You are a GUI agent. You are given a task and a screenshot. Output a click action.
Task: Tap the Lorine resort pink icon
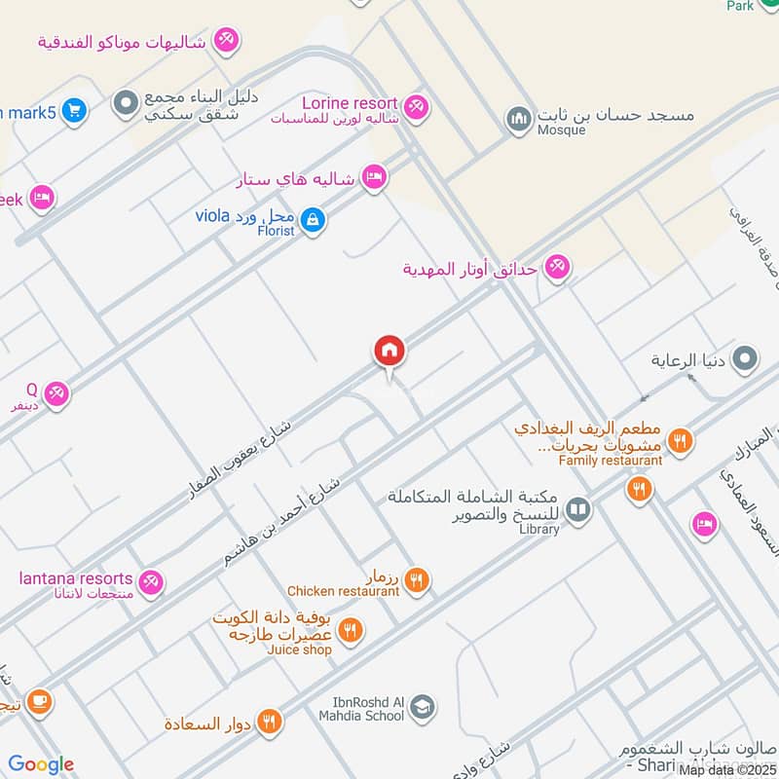417,106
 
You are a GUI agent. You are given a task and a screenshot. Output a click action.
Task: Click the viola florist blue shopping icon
313,221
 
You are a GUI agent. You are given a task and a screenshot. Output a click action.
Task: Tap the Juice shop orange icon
351,631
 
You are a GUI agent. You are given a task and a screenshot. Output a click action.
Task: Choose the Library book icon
578,509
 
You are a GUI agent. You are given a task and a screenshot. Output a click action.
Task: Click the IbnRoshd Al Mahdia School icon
422,707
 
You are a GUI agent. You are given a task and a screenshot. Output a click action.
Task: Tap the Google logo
41,764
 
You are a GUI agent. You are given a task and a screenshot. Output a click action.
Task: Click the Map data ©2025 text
727,770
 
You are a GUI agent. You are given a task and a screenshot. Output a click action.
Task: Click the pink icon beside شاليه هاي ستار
372,178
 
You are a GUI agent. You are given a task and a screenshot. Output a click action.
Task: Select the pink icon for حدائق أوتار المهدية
557,266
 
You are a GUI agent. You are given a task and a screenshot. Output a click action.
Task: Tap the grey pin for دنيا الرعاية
746,359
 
